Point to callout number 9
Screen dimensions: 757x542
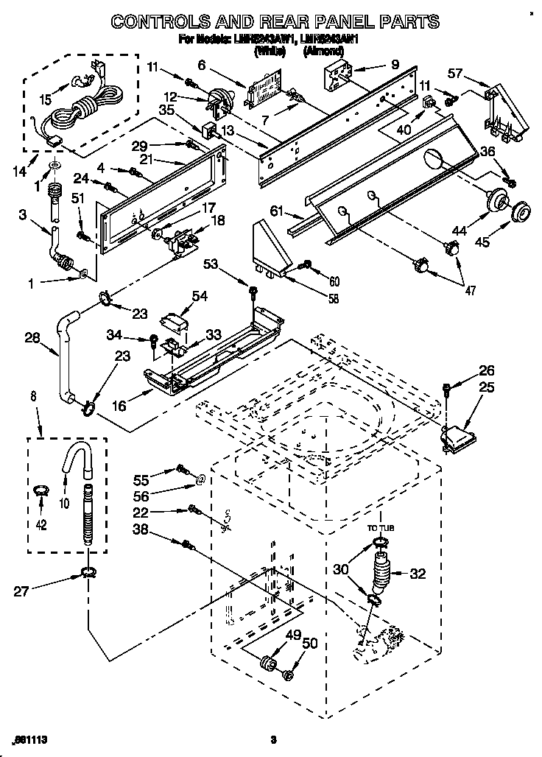pyautogui.click(x=395, y=65)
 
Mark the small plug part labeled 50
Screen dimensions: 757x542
pyautogui.click(x=289, y=675)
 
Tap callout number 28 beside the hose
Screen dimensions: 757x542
pyautogui.click(x=32, y=338)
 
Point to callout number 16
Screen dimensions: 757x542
pyautogui.click(x=119, y=404)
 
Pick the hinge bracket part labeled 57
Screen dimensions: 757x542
pyautogui.click(x=501, y=110)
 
